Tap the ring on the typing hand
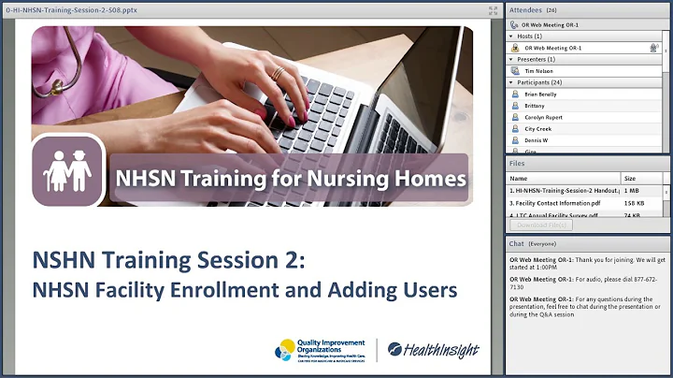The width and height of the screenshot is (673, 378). (x=278, y=73)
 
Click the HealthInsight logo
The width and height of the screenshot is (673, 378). (x=433, y=349)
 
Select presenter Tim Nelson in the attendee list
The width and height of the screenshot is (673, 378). (x=539, y=70)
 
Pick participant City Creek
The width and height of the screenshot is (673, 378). (x=538, y=129)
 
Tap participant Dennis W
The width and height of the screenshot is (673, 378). (x=537, y=140)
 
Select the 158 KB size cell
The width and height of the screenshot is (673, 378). (x=633, y=202)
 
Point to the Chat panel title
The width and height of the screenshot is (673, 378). (x=516, y=243)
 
